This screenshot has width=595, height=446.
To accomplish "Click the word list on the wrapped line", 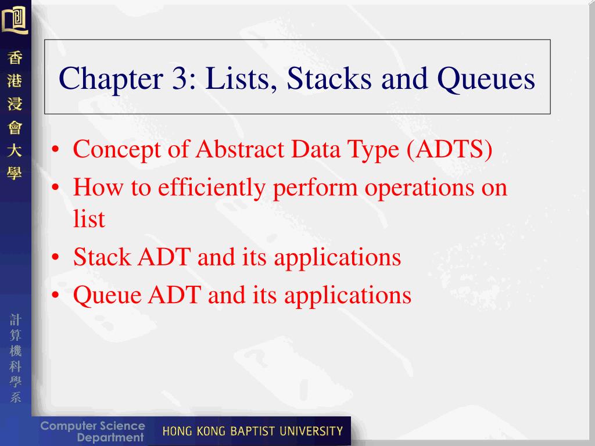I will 89,219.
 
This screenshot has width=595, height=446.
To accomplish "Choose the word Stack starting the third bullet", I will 102,257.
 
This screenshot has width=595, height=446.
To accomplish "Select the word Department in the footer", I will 110,438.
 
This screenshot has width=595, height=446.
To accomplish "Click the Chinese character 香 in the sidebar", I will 15,59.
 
